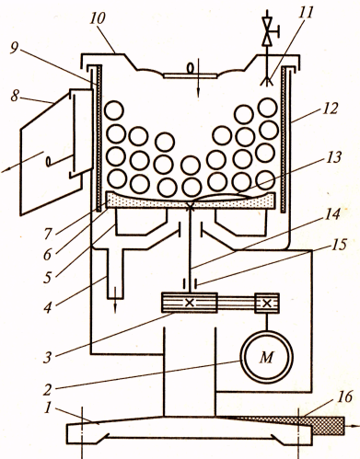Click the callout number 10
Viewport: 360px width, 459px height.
pyautogui.click(x=99, y=18)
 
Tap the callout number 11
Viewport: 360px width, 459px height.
pyautogui.click(x=306, y=13)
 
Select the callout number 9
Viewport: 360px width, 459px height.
pyautogui.click(x=15, y=48)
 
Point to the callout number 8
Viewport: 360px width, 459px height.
pyautogui.click(x=15, y=96)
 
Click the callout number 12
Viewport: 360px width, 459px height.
pyautogui.click(x=331, y=109)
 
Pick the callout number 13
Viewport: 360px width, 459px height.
pyautogui.click(x=332, y=157)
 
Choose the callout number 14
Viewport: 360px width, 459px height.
pyautogui.click(x=332, y=213)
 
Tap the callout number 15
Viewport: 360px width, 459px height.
pyautogui.click(x=339, y=245)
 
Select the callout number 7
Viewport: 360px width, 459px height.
pyautogui.click(x=48, y=234)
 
